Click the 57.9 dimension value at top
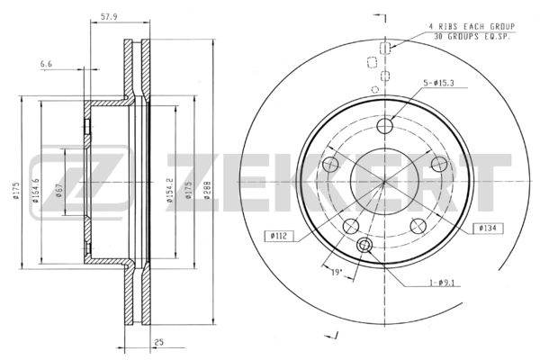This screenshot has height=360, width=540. click(109, 17)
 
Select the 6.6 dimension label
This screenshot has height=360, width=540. click(46, 64)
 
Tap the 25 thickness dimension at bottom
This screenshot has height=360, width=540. click(158, 342)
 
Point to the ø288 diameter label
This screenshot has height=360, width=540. click(207, 190)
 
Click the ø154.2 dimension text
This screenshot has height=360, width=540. click(169, 190)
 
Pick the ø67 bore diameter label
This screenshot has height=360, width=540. click(58, 190)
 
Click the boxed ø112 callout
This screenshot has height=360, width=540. click(279, 236)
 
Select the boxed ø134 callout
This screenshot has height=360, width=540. click(489, 228)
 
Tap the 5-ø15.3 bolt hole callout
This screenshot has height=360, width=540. click(439, 83)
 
